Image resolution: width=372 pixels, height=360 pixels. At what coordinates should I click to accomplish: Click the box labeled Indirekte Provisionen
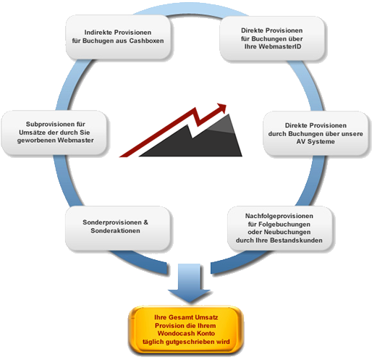pyautogui.click(x=118, y=37)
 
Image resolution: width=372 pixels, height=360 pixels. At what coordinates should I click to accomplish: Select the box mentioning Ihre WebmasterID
pyautogui.click(x=272, y=38)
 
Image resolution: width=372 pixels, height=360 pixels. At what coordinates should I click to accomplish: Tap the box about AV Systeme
pyautogui.click(x=316, y=133)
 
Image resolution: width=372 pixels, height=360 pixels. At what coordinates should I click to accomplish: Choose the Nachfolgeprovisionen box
pyautogui.click(x=279, y=228)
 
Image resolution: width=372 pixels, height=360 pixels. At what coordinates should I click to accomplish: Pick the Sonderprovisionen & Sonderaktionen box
pyautogui.click(x=117, y=228)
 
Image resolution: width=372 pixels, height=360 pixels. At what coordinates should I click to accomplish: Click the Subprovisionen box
pyautogui.click(x=54, y=133)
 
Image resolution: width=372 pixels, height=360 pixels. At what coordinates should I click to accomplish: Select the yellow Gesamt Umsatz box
pyautogui.click(x=186, y=330)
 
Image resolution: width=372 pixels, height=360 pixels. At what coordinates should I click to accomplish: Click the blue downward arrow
pyautogui.click(x=189, y=283)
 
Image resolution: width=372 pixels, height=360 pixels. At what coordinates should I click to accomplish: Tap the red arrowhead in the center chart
pyautogui.click(x=221, y=108)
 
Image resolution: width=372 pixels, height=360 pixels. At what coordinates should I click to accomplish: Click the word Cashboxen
pyautogui.click(x=146, y=41)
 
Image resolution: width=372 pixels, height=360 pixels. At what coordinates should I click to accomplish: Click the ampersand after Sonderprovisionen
pyautogui.click(x=145, y=222)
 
